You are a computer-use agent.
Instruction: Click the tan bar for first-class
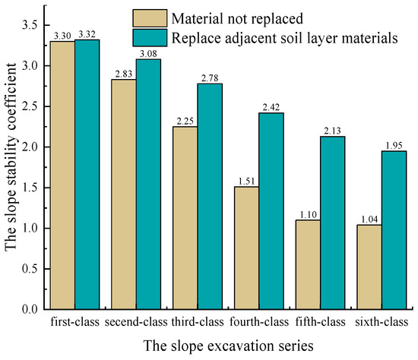(63, 175)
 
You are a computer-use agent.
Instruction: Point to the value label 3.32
(87, 34)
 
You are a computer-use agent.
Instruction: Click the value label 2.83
(112, 74)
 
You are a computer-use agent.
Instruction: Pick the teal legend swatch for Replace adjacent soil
(150, 37)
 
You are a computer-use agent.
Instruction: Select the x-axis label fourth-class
(259, 321)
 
